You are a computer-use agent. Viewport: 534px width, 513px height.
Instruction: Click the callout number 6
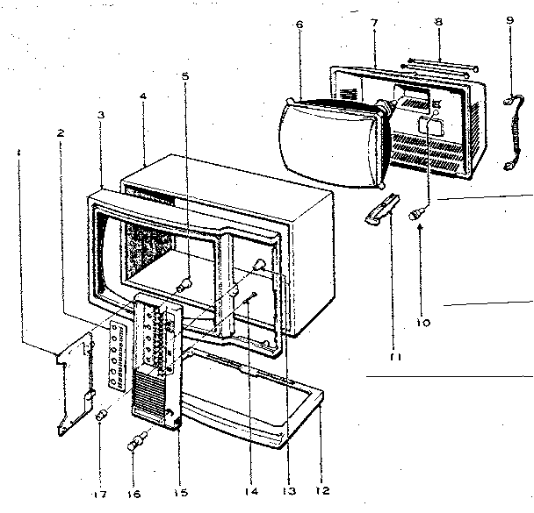[x=299, y=25]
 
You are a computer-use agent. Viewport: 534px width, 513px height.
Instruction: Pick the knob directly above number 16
[x=137, y=443]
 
